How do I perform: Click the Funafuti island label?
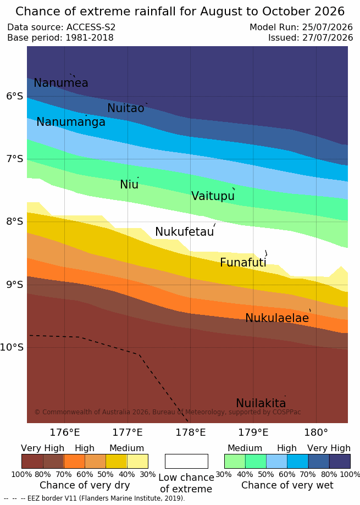click(243, 263)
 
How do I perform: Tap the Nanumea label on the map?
click(61, 83)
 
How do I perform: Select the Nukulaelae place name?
click(277, 318)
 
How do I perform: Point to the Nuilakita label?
click(261, 403)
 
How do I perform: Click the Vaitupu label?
click(213, 196)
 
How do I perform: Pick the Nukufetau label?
click(185, 231)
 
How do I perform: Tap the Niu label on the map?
click(129, 185)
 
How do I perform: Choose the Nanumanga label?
click(71, 122)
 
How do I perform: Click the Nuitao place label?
click(126, 108)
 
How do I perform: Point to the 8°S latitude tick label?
click(15, 221)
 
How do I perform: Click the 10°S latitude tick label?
click(12, 347)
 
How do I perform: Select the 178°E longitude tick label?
click(191, 432)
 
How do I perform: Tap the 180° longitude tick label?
click(316, 432)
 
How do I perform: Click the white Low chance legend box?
click(186, 461)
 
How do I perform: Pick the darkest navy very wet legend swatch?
click(340, 461)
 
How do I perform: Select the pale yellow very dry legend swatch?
click(137, 461)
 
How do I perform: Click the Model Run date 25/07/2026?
click(328, 27)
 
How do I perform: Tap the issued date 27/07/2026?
click(328, 38)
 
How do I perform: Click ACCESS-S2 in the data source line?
click(91, 27)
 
